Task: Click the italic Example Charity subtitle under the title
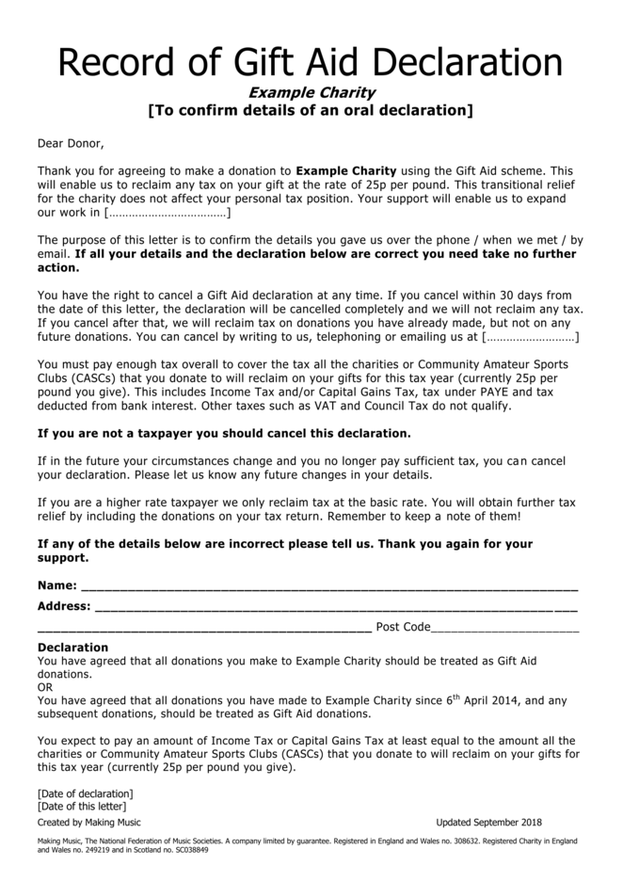point(311,92)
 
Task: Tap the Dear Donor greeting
point(71,144)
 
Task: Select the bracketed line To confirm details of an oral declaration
point(311,110)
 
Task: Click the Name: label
point(57,585)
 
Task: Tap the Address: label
point(64,606)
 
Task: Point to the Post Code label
point(403,627)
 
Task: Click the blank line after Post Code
point(505,627)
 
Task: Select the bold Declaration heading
point(72,648)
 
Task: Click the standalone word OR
point(45,687)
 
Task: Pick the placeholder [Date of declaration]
point(85,793)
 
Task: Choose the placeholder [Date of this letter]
point(81,807)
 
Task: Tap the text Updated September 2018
point(488,822)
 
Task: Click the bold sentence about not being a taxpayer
point(224,434)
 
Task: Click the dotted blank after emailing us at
point(530,336)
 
